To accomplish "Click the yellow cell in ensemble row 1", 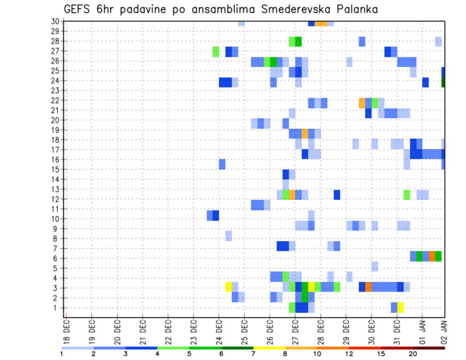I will [x=400, y=308].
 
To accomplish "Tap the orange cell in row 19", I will [x=305, y=133].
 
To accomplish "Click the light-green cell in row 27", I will [x=216, y=51].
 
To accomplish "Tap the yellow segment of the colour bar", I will [x=269, y=348].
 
